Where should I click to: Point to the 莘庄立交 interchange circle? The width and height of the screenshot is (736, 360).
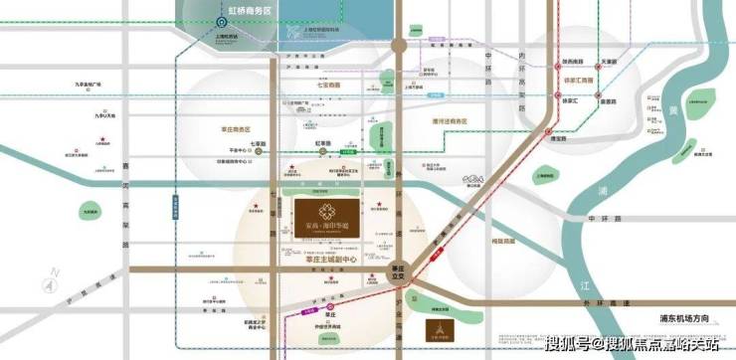click(399, 271)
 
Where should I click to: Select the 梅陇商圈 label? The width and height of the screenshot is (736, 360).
click(479, 242)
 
